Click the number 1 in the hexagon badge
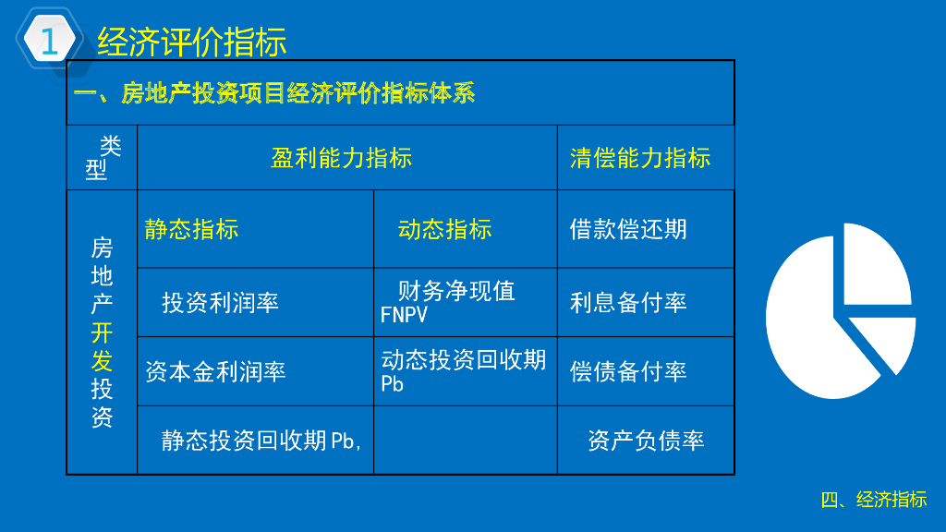coord(50,41)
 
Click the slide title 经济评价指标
coord(192,42)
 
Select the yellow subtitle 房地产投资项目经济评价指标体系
coord(298,93)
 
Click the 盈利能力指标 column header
coord(342,158)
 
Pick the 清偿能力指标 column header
coord(640,158)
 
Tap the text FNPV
coord(404,315)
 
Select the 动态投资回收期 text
coord(464,360)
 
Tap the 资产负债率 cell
coord(646,441)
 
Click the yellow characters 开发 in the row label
coord(102,347)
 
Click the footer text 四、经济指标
coord(874,500)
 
